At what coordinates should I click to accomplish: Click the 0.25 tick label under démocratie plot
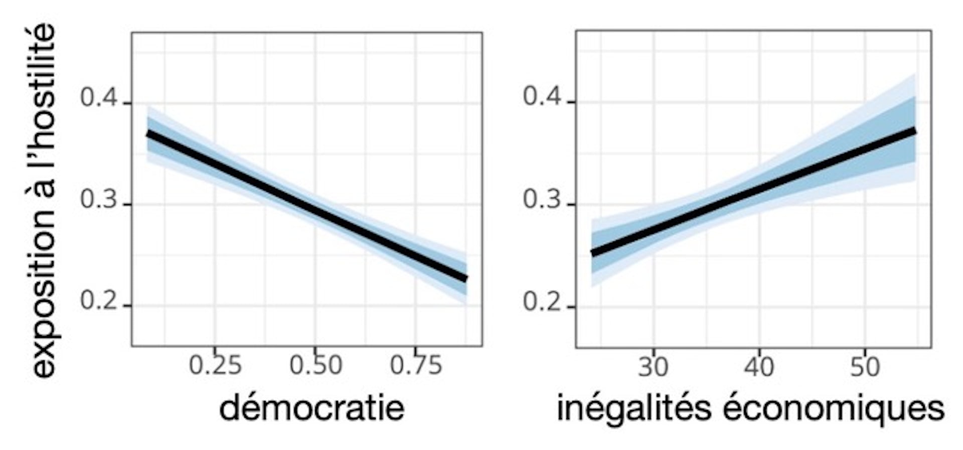point(215,365)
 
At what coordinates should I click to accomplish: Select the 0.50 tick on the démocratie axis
point(315,365)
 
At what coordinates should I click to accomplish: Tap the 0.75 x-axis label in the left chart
point(416,365)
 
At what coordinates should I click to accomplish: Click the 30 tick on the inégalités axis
point(653,367)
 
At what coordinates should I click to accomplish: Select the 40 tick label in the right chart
point(759,367)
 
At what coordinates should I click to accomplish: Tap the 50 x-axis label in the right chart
point(865,367)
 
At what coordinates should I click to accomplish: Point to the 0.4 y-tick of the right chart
point(542,96)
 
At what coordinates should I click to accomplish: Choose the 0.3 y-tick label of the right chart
point(542,200)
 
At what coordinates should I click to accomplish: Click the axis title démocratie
point(311,408)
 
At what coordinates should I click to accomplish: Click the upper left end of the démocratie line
point(148,134)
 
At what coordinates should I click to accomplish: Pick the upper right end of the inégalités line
point(915,131)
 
